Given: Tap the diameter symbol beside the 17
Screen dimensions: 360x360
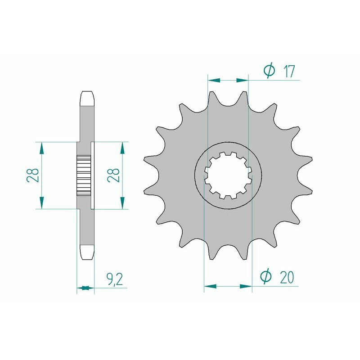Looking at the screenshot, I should (269, 71).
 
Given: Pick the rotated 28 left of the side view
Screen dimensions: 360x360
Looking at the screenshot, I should (32, 175).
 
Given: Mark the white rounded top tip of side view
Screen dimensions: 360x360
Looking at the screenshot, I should (87, 99).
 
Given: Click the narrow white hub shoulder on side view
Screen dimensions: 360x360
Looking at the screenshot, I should (93, 175).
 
